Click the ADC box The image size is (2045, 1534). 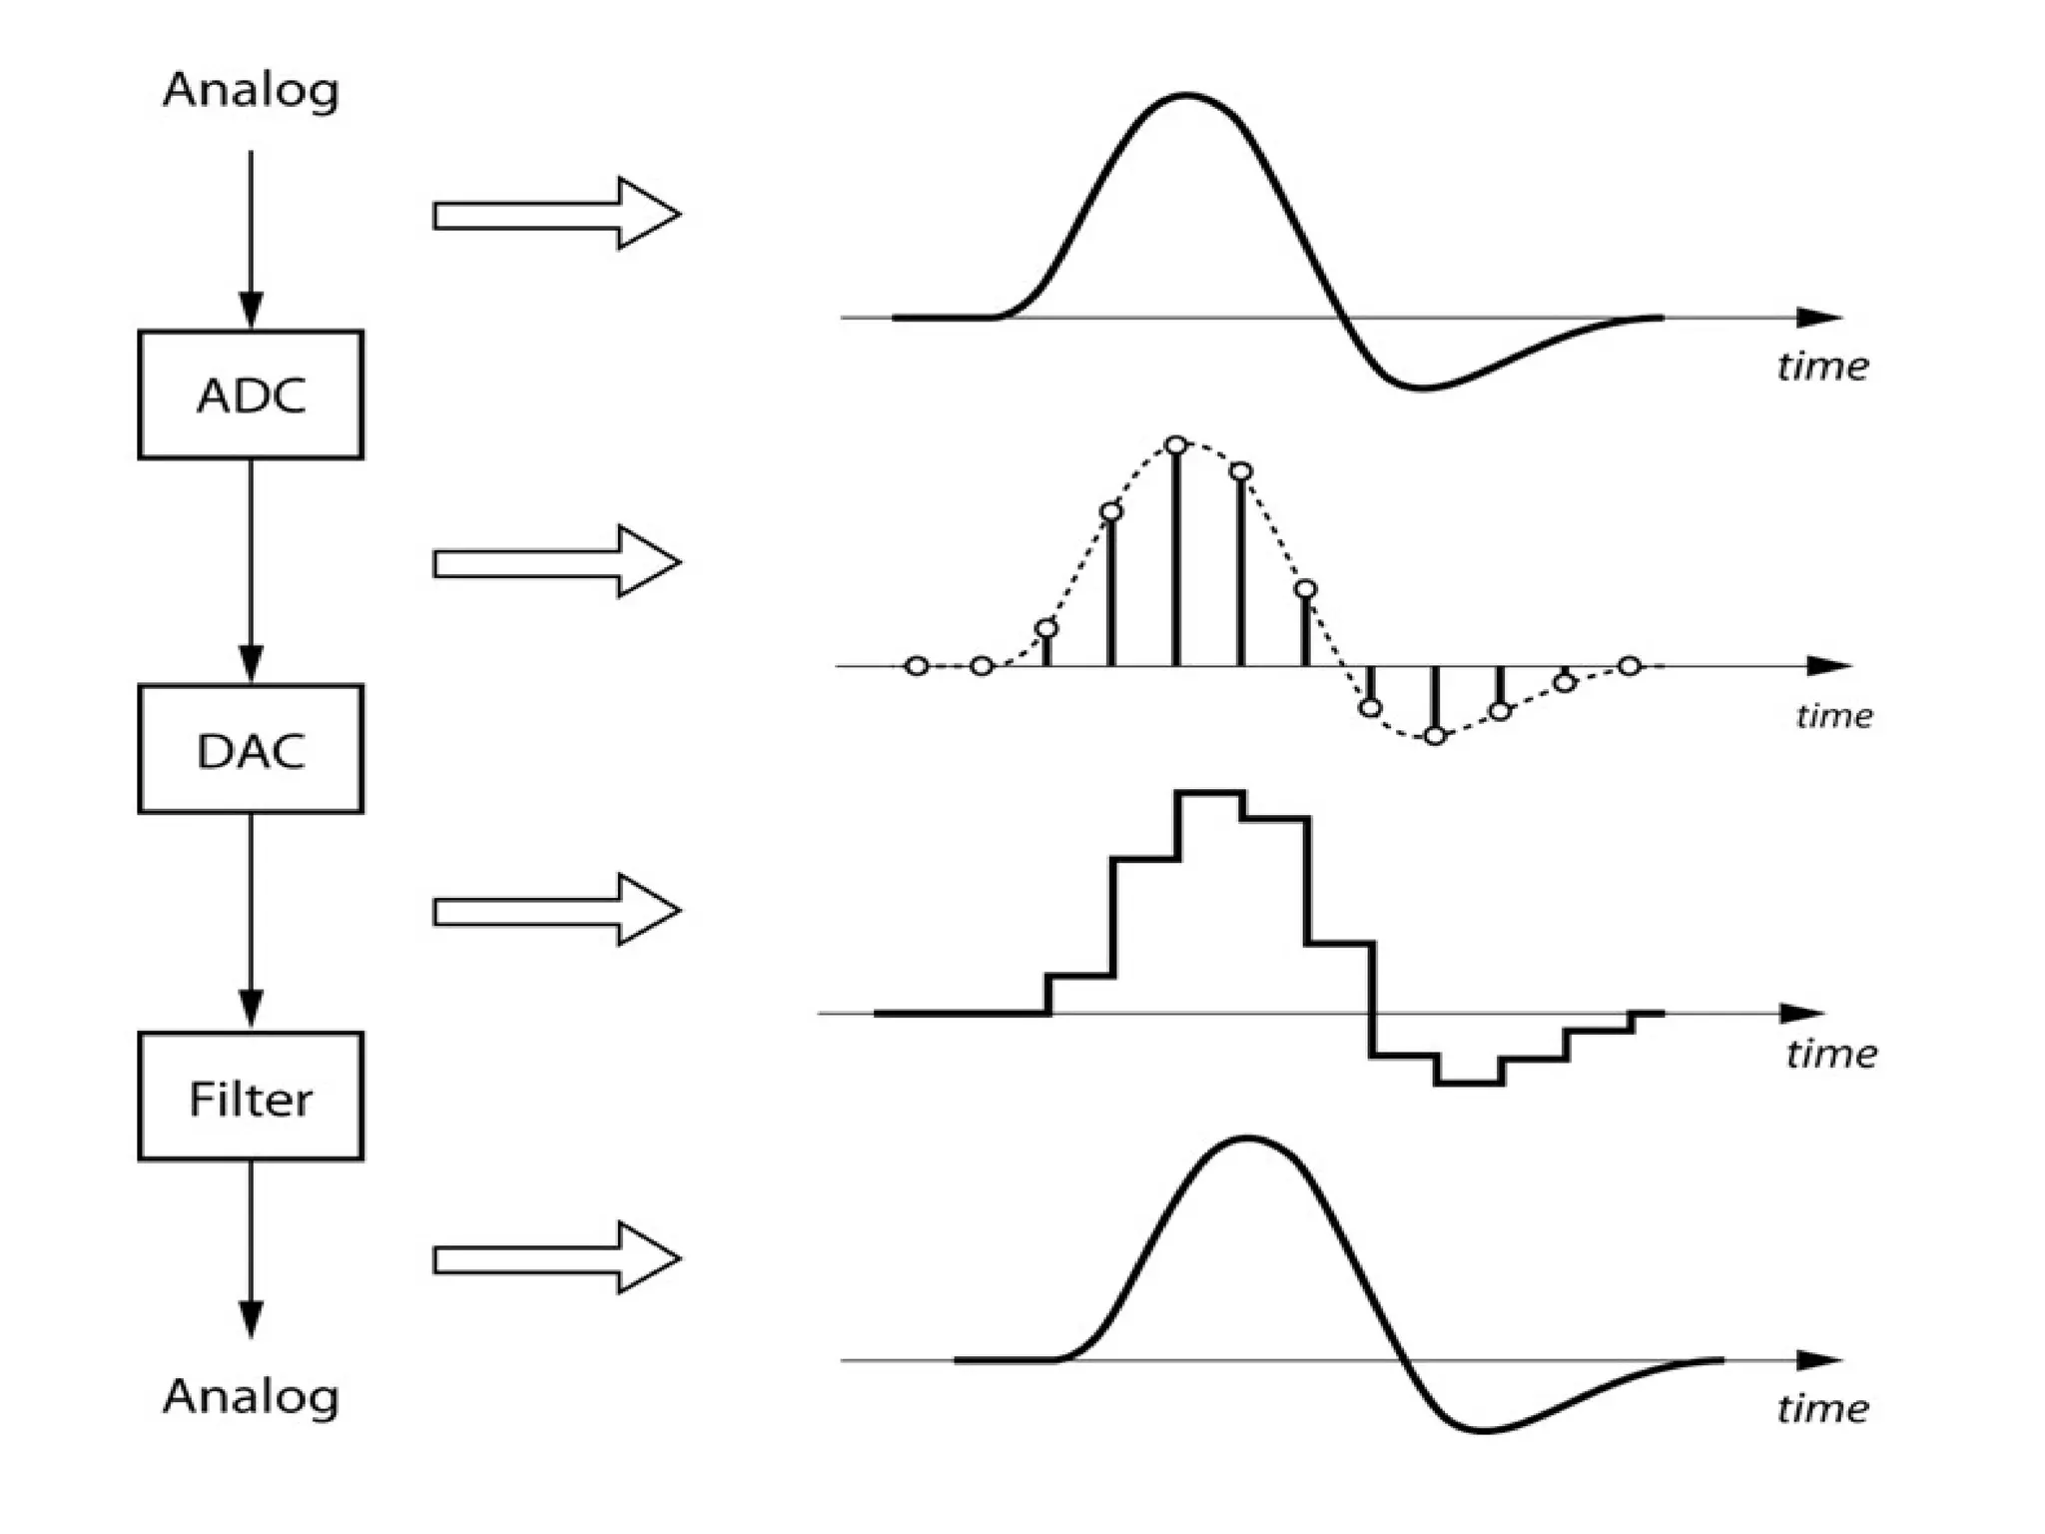[x=250, y=394]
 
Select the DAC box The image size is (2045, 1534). [x=250, y=749]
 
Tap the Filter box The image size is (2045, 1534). [x=250, y=1097]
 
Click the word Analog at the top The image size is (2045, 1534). [x=251, y=90]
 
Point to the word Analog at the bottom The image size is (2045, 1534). [x=251, y=1396]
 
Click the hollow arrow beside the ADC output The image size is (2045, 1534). [x=555, y=562]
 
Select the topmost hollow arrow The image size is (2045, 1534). [x=555, y=214]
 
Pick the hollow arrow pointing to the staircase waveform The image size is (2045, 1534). [x=555, y=910]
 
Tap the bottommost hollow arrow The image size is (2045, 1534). [x=555, y=1258]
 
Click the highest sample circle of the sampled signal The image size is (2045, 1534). [x=1176, y=444]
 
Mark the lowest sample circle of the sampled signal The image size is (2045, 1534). [x=1435, y=736]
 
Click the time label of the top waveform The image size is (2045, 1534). [x=1822, y=367]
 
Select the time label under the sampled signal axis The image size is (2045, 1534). [x=1833, y=715]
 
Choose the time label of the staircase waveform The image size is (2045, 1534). [x=1831, y=1054]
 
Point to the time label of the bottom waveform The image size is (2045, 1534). [x=1822, y=1408]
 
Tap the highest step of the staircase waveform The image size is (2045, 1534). [x=1209, y=793]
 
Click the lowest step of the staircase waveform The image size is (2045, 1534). [x=1468, y=1083]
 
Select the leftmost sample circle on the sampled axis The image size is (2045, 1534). [x=917, y=666]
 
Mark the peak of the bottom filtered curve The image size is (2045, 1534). [x=1247, y=1139]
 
